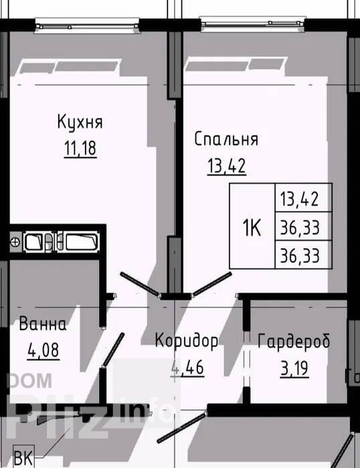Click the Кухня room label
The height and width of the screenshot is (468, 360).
click(x=80, y=122)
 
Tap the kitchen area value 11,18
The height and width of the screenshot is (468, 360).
click(x=80, y=149)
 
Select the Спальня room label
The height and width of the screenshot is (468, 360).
click(x=226, y=139)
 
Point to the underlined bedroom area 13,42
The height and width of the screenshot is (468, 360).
click(x=227, y=166)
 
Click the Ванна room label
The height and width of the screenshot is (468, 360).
click(x=43, y=324)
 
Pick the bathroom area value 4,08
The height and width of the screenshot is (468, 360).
click(x=43, y=350)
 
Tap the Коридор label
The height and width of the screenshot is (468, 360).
click(x=187, y=341)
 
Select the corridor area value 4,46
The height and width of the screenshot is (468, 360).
click(x=187, y=368)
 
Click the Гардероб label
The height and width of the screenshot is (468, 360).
click(x=294, y=341)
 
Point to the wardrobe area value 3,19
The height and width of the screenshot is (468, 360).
click(x=294, y=369)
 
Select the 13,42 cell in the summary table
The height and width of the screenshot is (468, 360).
click(x=303, y=198)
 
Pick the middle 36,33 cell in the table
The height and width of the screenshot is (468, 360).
click(x=303, y=226)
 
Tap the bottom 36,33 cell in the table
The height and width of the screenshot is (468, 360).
click(x=303, y=255)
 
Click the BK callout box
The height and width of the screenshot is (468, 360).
click(x=23, y=457)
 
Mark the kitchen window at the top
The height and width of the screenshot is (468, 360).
click(x=87, y=25)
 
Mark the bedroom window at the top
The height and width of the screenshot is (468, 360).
click(x=253, y=24)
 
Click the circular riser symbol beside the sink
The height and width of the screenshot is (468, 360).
click(x=15, y=242)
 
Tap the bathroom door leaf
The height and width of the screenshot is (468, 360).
click(x=113, y=349)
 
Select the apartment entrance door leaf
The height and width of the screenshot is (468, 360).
click(x=181, y=427)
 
